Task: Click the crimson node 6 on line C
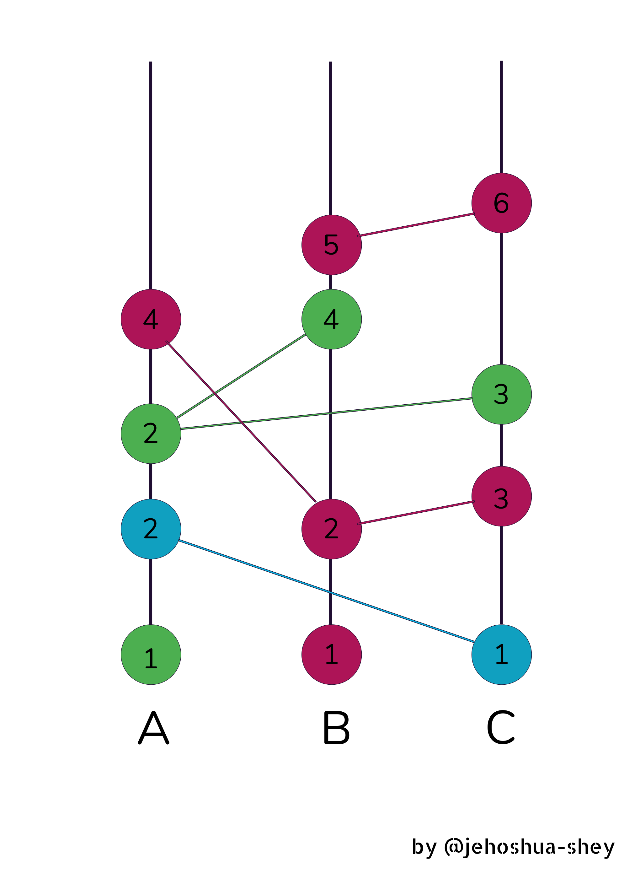pos(501,203)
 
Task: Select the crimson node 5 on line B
pos(332,245)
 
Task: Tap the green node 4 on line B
pos(332,319)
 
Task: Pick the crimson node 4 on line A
pos(151,319)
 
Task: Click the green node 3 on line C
pos(501,395)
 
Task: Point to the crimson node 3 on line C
pos(501,496)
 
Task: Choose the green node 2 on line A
pos(151,434)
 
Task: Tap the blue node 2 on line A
pos(151,529)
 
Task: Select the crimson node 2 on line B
pos(332,529)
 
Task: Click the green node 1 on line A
pos(151,655)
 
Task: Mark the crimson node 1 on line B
pos(332,655)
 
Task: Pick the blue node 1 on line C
pos(501,655)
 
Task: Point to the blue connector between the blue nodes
pos(326,591)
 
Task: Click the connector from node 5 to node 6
pos(416,225)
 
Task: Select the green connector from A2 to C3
pos(327,413)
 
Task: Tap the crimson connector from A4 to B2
pos(241,421)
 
